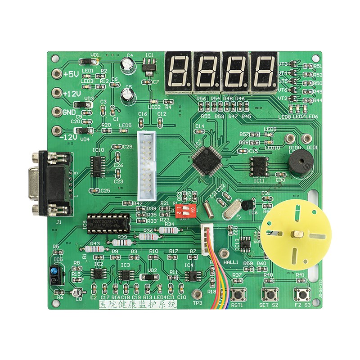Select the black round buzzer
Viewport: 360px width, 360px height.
point(297,164)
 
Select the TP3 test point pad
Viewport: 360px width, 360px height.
point(197,295)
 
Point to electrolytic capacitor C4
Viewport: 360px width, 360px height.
point(130,67)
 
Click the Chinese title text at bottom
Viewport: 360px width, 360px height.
point(137,305)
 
